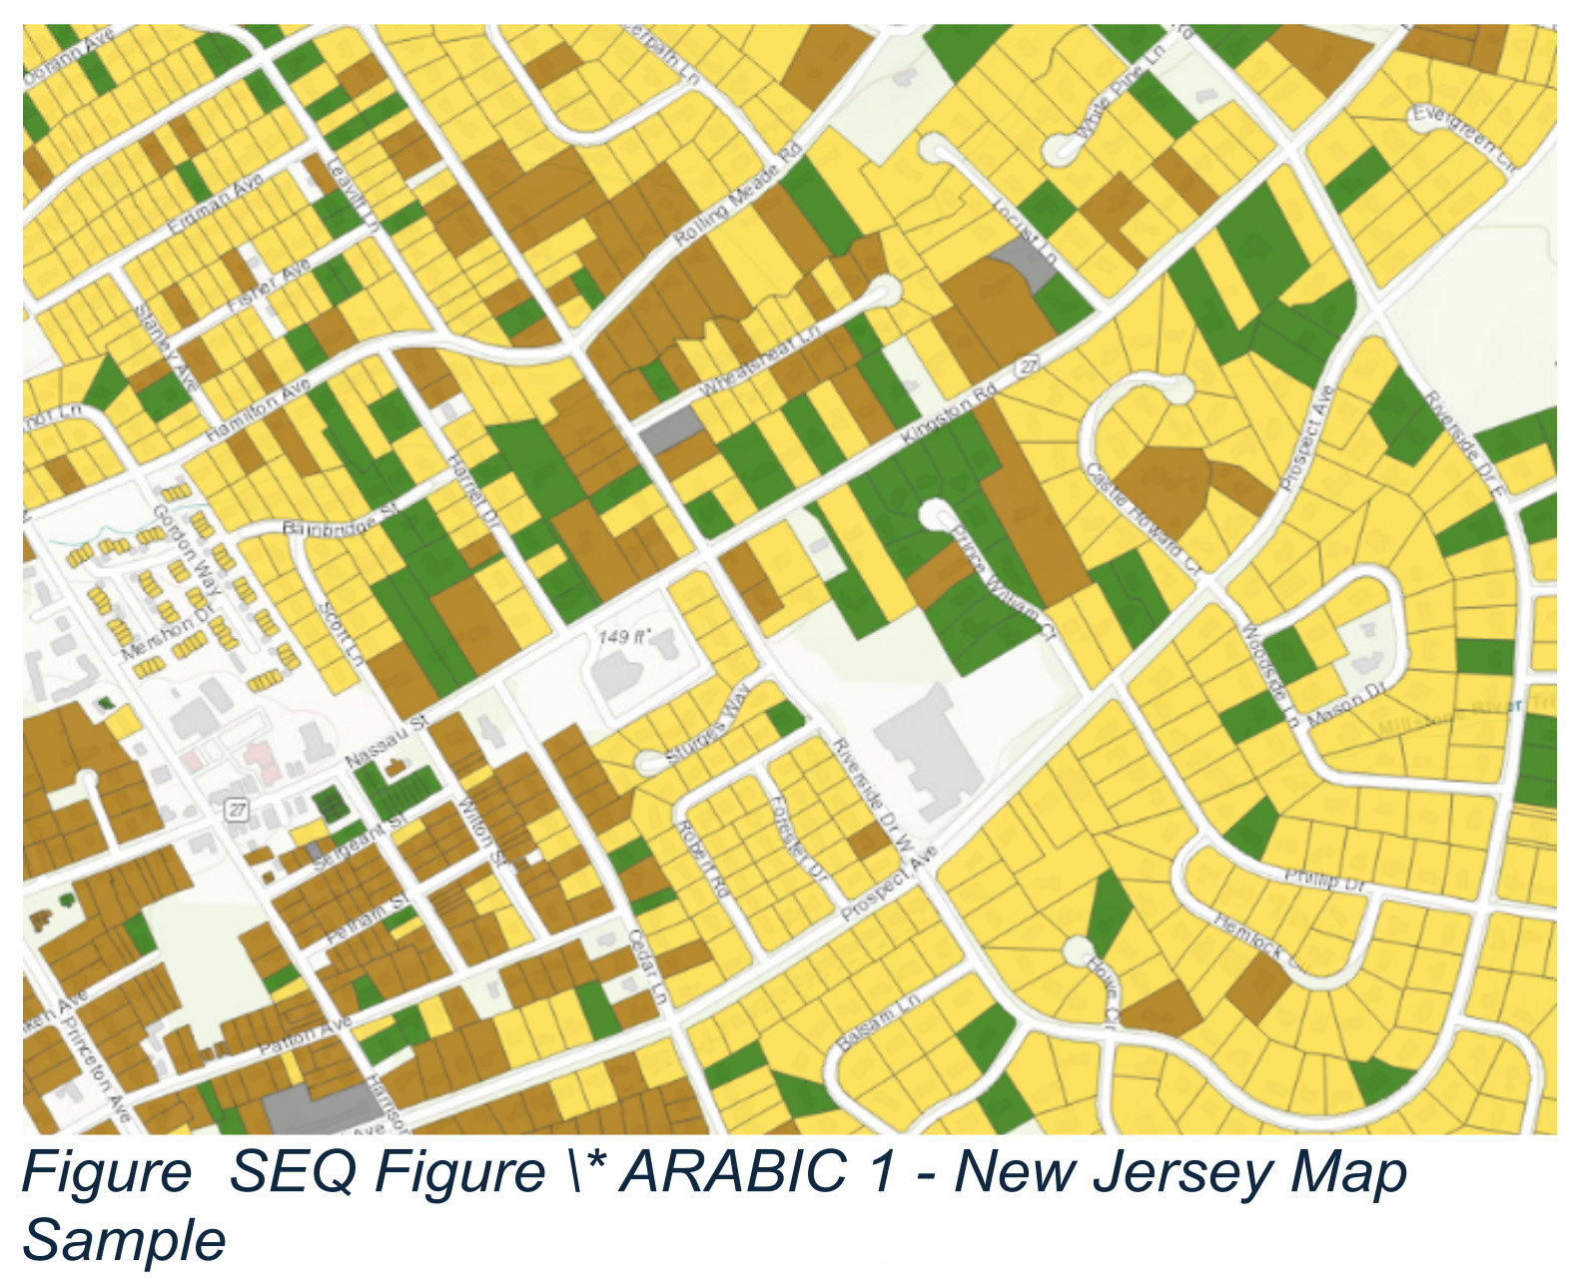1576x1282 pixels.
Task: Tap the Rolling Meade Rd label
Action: (x=738, y=196)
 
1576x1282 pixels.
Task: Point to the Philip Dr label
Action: (x=1324, y=880)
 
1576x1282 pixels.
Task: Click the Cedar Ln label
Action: (x=647, y=966)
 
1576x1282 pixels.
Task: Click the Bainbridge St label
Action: (x=341, y=520)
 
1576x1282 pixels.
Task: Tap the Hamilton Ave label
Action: (x=258, y=410)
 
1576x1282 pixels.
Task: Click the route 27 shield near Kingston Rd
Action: (x=1028, y=366)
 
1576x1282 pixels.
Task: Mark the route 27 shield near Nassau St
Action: (x=237, y=809)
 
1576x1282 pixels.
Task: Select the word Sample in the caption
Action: (x=125, y=1241)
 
